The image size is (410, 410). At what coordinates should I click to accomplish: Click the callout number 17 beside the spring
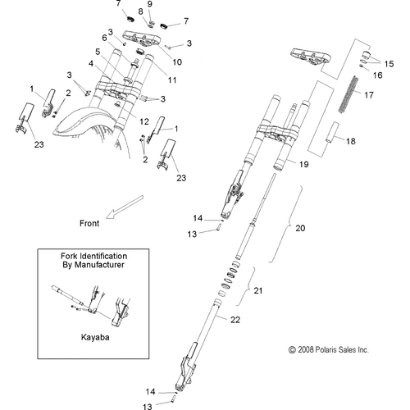(x=368, y=94)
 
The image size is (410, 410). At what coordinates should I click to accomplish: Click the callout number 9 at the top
(x=150, y=5)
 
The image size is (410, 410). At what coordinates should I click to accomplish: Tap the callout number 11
(x=171, y=80)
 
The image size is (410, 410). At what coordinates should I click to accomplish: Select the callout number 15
(x=389, y=63)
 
